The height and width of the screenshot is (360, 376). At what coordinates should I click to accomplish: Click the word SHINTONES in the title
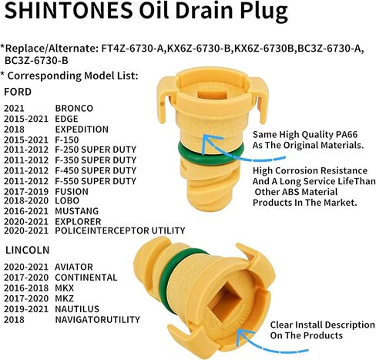pos(69,10)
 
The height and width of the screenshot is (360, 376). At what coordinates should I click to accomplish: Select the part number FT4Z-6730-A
pos(133,49)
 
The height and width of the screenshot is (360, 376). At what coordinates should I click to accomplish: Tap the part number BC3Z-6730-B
pos(36,61)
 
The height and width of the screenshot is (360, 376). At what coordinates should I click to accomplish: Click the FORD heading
pos(18,92)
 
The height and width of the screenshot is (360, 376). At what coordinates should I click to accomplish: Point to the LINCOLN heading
pos(28,250)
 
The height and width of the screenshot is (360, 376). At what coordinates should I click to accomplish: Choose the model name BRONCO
pos(74,108)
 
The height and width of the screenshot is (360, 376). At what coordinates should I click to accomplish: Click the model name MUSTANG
pos(77,211)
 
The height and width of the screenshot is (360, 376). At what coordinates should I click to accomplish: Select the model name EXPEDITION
pos(82,130)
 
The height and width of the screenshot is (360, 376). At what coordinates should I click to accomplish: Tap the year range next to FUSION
pos(26,192)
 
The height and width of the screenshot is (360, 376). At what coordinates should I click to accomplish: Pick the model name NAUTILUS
pos(77,309)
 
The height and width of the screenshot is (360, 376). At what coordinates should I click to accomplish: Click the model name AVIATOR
pos(74,267)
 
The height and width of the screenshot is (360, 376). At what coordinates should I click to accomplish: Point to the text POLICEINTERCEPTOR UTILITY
pos(120,230)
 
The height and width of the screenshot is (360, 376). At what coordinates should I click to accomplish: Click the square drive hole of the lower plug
pos(225,299)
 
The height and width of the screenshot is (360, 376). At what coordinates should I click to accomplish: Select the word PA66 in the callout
pos(347,134)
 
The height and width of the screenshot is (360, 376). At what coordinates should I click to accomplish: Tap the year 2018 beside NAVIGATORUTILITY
pos(14,320)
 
